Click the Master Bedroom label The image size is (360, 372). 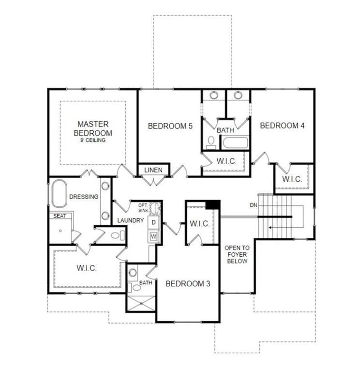tap(93, 128)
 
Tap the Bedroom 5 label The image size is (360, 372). tap(170, 126)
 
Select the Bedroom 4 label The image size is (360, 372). tap(282, 125)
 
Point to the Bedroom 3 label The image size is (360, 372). tap(188, 283)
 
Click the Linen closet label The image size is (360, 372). tap(153, 170)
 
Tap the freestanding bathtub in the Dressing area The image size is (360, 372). tap(59, 193)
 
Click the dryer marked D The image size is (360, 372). tap(153, 222)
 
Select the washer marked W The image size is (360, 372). tap(153, 236)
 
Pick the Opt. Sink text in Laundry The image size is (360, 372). tap(143, 208)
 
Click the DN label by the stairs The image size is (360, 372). tap(254, 205)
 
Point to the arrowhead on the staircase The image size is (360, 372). tap(270, 228)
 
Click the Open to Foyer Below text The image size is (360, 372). tap(237, 255)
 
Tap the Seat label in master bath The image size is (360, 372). tap(60, 216)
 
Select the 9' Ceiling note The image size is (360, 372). tap(93, 140)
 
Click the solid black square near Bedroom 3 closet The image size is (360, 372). tap(212, 205)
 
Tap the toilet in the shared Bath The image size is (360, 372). tap(210, 142)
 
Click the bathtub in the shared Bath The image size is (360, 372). tap(235, 142)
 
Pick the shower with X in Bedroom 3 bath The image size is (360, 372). tap(141, 303)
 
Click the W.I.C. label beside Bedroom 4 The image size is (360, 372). tap(292, 179)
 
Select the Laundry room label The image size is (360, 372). tap(131, 220)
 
